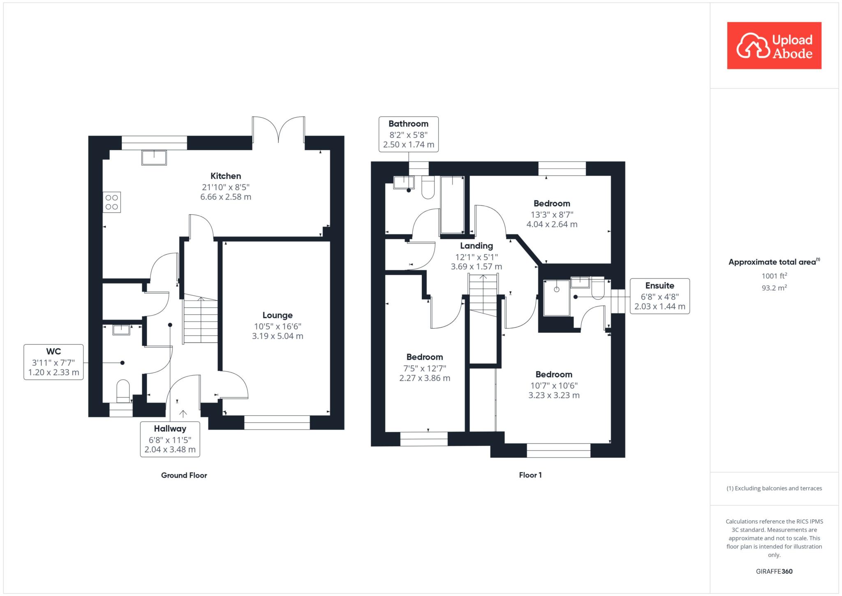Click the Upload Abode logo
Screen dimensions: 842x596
[774, 46]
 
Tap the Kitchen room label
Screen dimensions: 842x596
[226, 176]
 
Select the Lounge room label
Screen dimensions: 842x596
[278, 315]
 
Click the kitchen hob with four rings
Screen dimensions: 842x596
[112, 202]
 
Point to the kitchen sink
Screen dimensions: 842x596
[154, 158]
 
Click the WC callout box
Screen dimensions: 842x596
[53, 362]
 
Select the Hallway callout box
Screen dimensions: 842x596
[170, 439]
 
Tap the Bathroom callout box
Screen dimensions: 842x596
[408, 135]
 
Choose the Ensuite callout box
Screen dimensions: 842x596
[660, 296]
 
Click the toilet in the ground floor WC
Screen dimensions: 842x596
[123, 391]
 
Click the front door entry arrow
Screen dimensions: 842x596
[183, 414]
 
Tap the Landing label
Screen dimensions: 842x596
[477, 246]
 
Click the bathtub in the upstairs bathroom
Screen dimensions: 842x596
[452, 205]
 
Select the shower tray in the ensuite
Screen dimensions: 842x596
[557, 298]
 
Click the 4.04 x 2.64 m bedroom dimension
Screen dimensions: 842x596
[552, 225]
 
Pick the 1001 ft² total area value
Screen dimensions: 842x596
[774, 276]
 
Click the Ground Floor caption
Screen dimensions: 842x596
[184, 475]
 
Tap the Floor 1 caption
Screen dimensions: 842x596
[530, 475]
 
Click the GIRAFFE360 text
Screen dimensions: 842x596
[774, 571]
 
